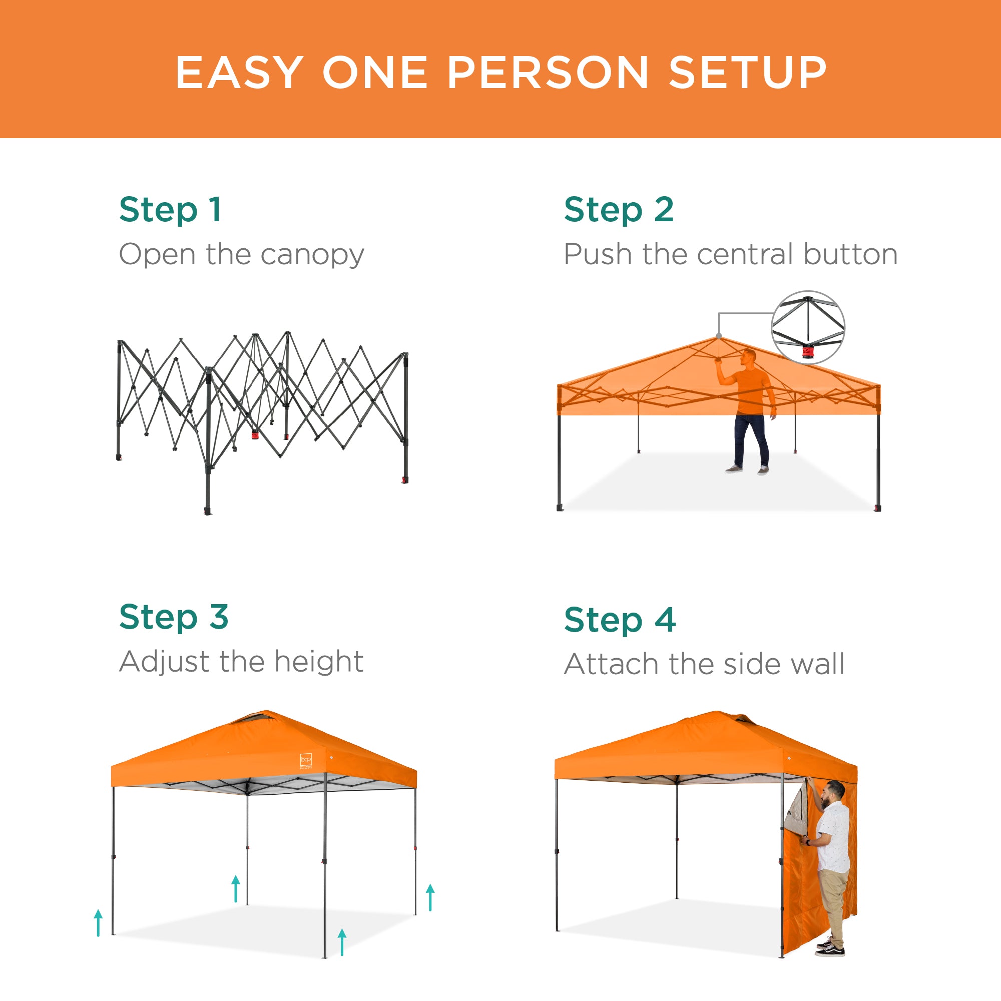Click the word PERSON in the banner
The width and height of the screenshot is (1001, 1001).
547,73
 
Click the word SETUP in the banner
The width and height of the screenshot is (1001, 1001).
748,73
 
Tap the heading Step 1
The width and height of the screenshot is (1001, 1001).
171,209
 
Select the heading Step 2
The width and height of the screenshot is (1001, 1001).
619,209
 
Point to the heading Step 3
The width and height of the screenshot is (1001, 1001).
174,617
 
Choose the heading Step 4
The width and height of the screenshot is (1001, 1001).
620,620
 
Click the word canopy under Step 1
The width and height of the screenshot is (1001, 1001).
312,255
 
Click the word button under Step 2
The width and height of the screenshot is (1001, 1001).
850,254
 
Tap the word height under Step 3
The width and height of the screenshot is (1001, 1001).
319,662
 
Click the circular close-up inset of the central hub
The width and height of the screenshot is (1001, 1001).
808,327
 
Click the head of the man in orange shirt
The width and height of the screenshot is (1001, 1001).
749,357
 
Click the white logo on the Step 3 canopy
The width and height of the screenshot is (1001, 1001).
306,760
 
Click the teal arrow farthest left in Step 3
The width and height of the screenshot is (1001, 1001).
99,923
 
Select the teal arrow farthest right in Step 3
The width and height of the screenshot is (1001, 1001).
430,897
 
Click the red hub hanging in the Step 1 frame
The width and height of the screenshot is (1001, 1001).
255,433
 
